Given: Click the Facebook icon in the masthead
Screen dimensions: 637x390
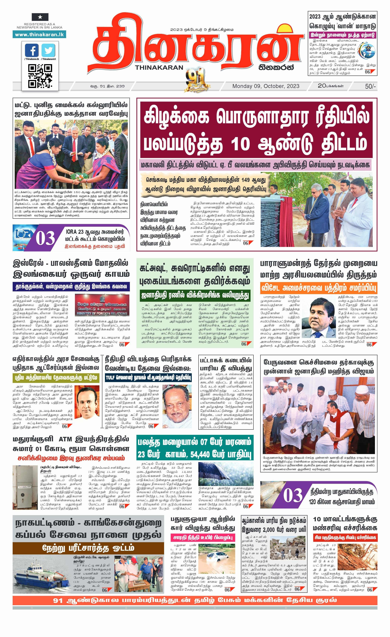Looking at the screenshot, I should [32, 50].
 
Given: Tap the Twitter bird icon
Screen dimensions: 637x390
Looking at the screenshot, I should [48, 50].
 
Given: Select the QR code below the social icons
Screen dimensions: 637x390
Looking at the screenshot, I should [40, 76].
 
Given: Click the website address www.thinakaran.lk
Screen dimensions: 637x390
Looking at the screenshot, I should [39, 34].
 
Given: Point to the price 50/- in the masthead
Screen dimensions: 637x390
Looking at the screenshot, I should [370, 86].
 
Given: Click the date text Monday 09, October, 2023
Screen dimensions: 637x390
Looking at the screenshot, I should [266, 86].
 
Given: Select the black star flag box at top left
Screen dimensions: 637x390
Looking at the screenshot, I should [40, 17].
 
